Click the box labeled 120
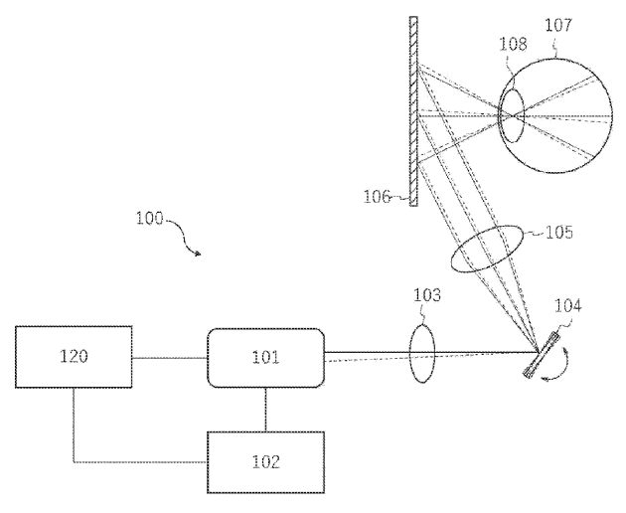74,356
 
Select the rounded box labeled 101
265,357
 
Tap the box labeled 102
265,461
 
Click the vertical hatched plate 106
410,109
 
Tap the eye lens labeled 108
511,115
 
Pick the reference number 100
151,217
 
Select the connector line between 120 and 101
170,357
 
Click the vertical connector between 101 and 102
265,409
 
